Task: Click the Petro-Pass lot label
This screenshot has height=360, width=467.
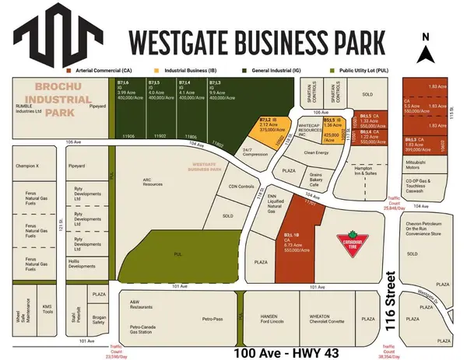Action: click(212, 319)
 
